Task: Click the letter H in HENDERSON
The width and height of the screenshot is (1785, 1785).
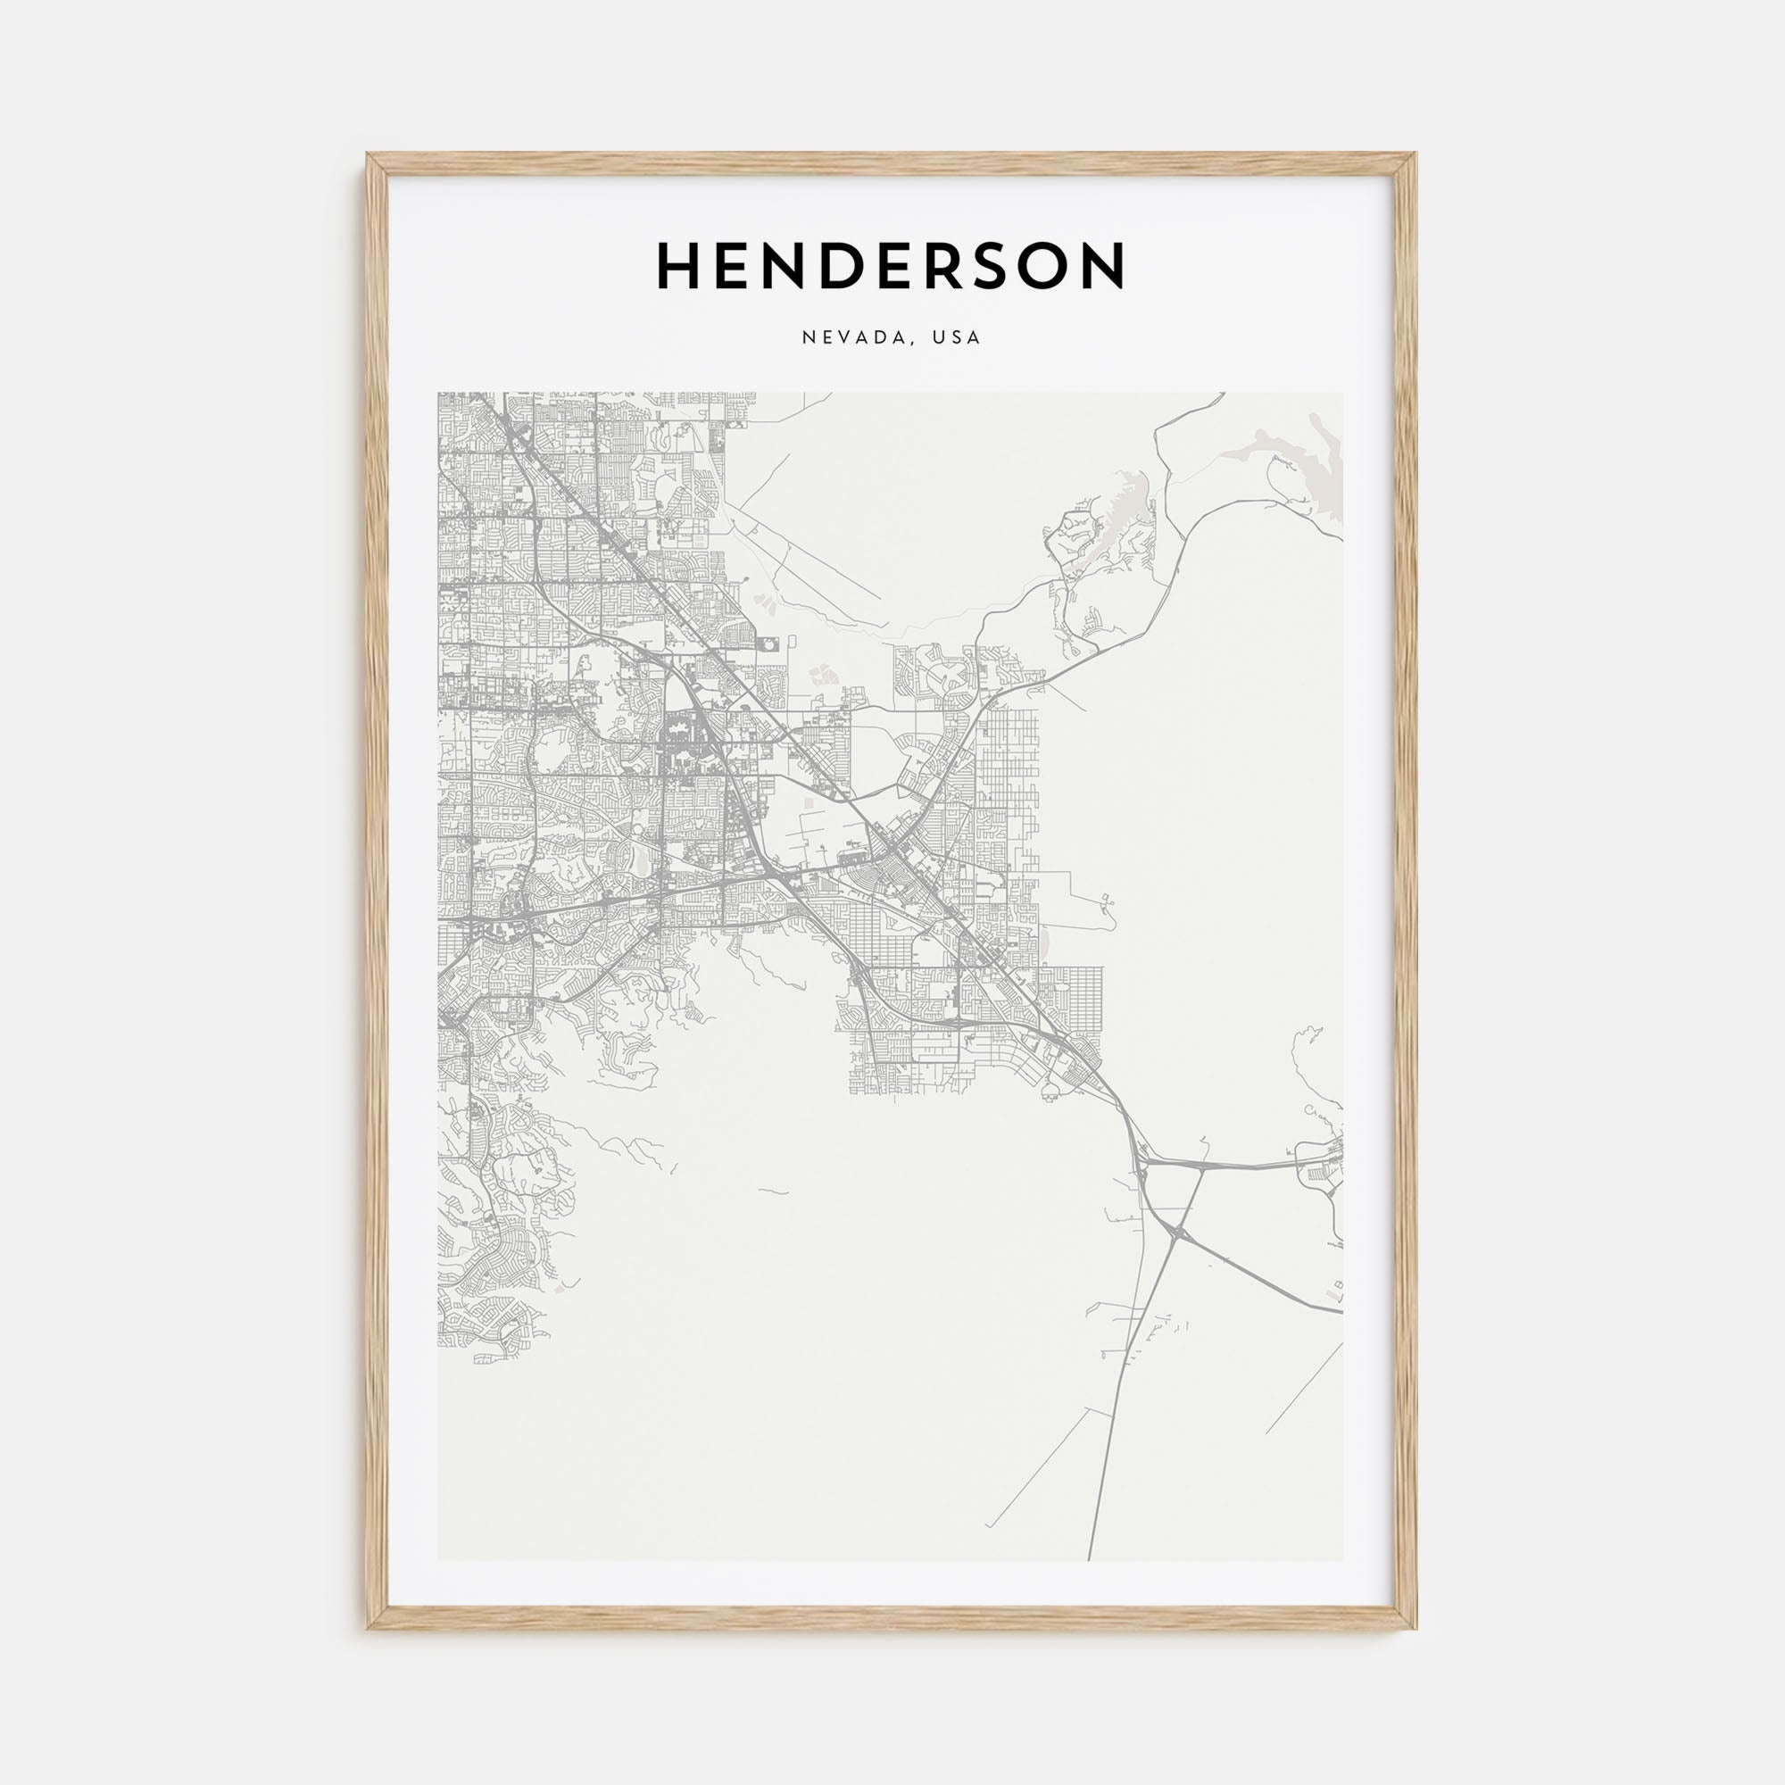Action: click(677, 266)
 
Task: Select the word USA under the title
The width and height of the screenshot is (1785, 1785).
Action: click(955, 338)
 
